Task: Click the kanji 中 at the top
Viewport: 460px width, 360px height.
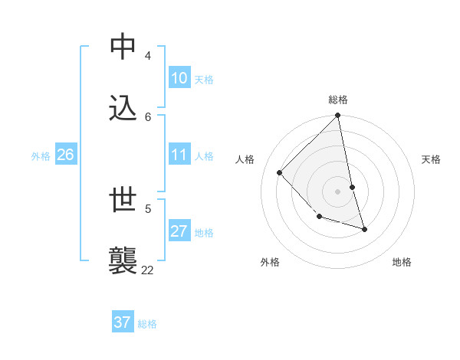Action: pyautogui.click(x=124, y=47)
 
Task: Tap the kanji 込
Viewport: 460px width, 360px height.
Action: pyautogui.click(x=124, y=108)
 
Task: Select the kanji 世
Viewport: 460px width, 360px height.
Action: pyautogui.click(x=124, y=200)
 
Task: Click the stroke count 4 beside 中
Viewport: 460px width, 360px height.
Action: pyautogui.click(x=148, y=56)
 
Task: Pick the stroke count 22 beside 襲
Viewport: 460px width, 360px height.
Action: pyautogui.click(x=147, y=270)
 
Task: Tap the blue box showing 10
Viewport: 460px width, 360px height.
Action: pyautogui.click(x=179, y=78)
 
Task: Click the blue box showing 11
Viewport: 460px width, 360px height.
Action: pyautogui.click(x=179, y=155)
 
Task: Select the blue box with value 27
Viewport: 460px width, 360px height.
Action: pyautogui.click(x=179, y=231)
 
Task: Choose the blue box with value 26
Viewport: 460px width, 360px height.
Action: pyautogui.click(x=65, y=155)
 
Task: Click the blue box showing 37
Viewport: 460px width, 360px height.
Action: pyautogui.click(x=123, y=322)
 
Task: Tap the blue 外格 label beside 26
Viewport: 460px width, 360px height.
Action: pyautogui.click(x=41, y=156)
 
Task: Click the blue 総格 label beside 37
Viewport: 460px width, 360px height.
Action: pyautogui.click(x=147, y=324)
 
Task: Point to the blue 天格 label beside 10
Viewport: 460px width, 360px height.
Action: pyautogui.click(x=203, y=80)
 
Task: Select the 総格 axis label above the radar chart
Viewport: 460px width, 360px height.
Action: pyautogui.click(x=338, y=100)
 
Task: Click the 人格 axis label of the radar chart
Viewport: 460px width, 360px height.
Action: pyautogui.click(x=245, y=159)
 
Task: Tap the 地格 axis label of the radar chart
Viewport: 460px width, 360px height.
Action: pyautogui.click(x=402, y=262)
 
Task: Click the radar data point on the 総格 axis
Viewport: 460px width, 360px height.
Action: pyautogui.click(x=337, y=116)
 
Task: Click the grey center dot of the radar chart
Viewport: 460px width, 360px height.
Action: pyautogui.click(x=337, y=191)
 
